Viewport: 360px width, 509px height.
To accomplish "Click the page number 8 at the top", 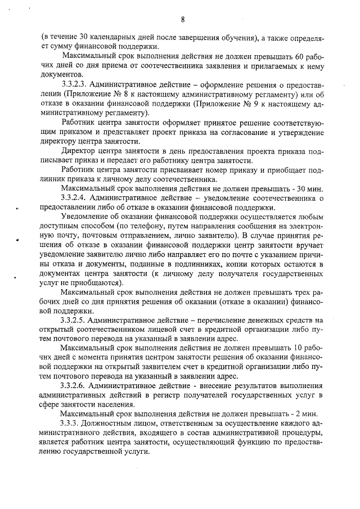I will [x=183, y=20].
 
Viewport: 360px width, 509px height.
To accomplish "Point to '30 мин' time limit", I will [x=306, y=187].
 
